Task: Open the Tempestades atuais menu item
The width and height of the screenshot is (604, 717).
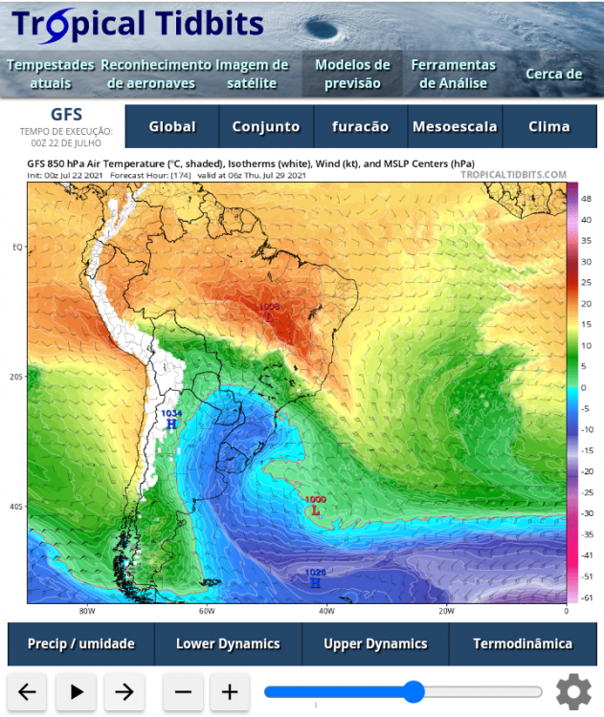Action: (x=50, y=74)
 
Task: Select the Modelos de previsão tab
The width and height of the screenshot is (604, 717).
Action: (x=352, y=74)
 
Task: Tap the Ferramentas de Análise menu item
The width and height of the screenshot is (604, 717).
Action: (x=453, y=74)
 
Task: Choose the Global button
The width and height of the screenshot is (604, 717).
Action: (x=172, y=126)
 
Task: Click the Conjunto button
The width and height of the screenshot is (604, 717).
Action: (x=266, y=126)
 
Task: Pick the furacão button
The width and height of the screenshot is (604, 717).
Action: (x=360, y=126)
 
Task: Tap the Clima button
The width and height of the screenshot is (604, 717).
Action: (x=548, y=126)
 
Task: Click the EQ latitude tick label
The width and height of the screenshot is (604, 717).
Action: (x=17, y=247)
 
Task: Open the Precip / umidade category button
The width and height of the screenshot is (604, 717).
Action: (x=80, y=643)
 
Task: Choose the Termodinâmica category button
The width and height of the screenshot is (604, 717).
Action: (x=523, y=643)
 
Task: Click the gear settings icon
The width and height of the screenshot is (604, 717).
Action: (x=573, y=690)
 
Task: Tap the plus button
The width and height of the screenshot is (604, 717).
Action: (x=230, y=691)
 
